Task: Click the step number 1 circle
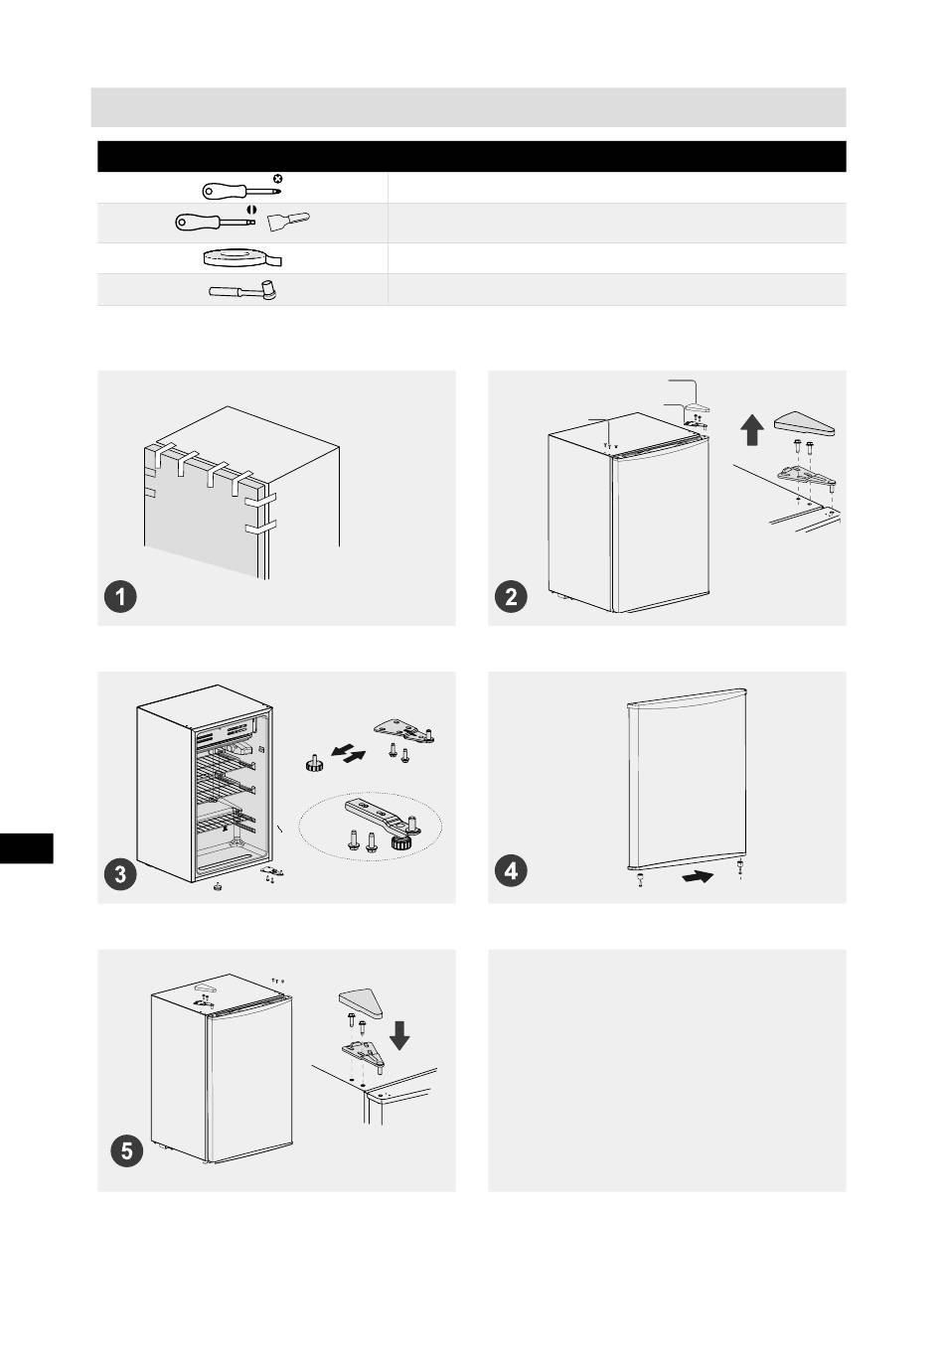[x=120, y=596]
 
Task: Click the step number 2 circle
[x=511, y=596]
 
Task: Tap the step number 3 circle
[x=120, y=874]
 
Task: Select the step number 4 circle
[x=511, y=870]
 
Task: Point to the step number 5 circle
[x=127, y=1151]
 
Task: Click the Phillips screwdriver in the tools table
[x=241, y=191]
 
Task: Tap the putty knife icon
[x=288, y=221]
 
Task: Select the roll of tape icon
[x=241, y=258]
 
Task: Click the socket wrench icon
[x=242, y=290]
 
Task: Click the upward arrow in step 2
[x=752, y=429]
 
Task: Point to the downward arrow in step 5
[x=399, y=1035]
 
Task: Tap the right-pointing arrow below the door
[x=697, y=877]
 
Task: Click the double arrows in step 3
[x=348, y=754]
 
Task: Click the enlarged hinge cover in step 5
[x=361, y=1003]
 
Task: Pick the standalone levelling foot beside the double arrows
[x=314, y=764]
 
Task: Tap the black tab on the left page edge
[x=27, y=848]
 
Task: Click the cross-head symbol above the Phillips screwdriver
[x=277, y=179]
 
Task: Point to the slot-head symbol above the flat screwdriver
[x=251, y=209]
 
